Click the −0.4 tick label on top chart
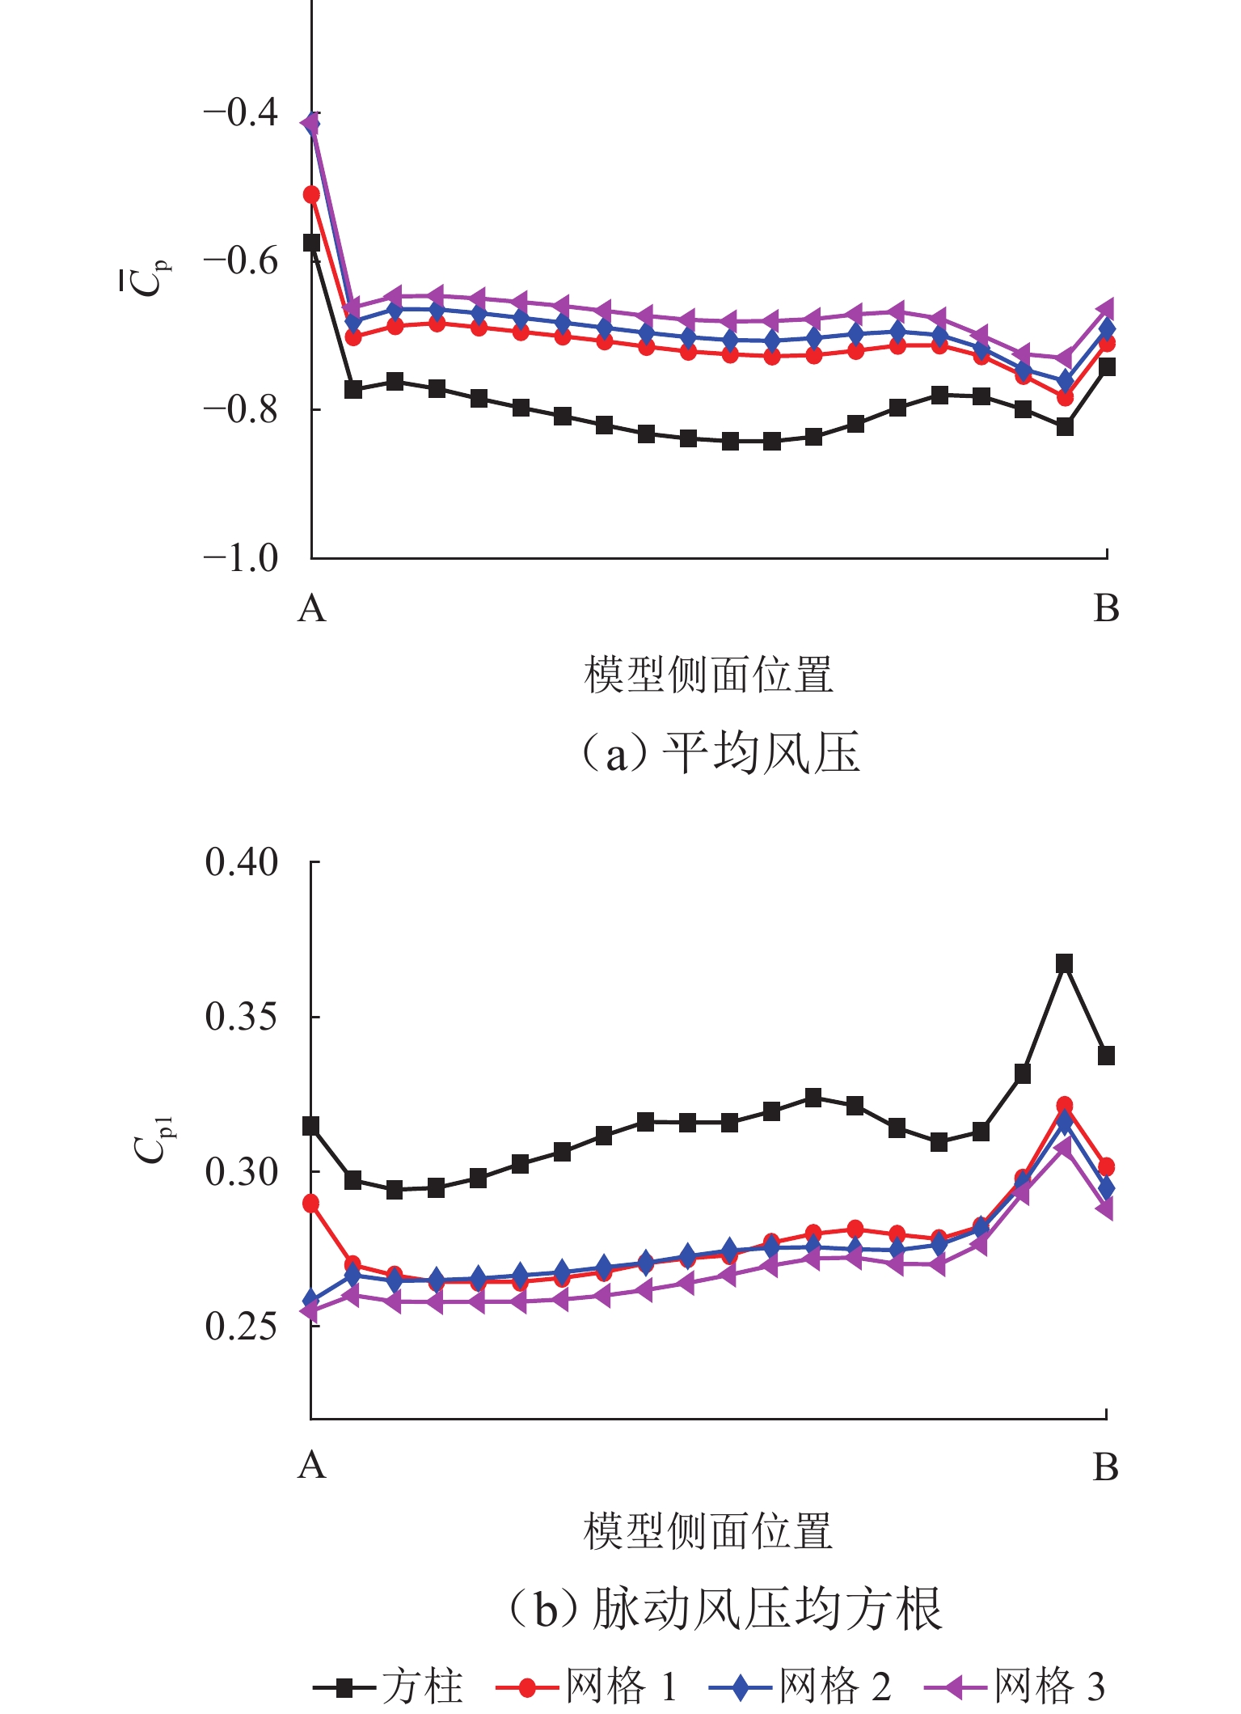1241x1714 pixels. click(241, 112)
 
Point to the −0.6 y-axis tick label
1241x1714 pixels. click(241, 261)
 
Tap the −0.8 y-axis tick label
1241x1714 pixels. click(241, 410)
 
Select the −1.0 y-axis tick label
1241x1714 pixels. click(241, 559)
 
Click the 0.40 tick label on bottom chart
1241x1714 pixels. click(241, 863)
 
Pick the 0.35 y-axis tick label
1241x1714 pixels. click(241, 1017)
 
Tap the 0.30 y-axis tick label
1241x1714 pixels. click(241, 1171)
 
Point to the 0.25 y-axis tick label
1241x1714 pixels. click(241, 1326)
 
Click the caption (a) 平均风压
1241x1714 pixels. click(720, 753)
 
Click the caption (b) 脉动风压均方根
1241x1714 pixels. click(724, 1609)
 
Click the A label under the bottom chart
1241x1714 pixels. click(312, 1465)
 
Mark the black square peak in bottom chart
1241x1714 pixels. click(1065, 963)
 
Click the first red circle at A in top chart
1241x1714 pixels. click(311, 195)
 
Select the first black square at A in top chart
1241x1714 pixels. click(311, 243)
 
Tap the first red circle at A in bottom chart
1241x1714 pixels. click(311, 1204)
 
